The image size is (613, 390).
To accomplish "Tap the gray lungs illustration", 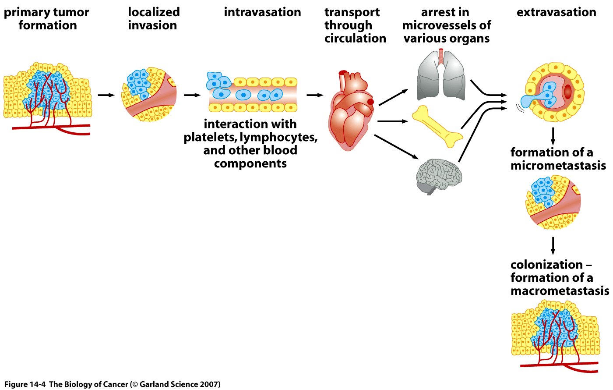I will (x=441, y=77).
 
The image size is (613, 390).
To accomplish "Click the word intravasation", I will (x=262, y=12).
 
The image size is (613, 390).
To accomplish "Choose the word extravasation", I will (x=556, y=12).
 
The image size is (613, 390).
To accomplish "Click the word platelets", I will (x=210, y=137).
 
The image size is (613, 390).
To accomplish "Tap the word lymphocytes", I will (x=278, y=137).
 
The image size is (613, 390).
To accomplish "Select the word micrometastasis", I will (x=558, y=166).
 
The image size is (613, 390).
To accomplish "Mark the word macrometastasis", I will (x=560, y=291).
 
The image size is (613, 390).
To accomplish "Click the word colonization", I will (x=546, y=265).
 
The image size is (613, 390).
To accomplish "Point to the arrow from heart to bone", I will (x=392, y=121).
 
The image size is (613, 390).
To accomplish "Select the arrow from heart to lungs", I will (x=393, y=97).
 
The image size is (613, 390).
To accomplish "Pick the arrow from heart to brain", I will (x=396, y=146).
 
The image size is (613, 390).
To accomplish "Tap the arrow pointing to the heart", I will (x=315, y=95).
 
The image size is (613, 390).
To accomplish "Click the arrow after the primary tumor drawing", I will (x=106, y=95).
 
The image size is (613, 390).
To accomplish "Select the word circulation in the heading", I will (x=355, y=39).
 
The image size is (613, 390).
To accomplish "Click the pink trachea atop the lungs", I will (x=441, y=56).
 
